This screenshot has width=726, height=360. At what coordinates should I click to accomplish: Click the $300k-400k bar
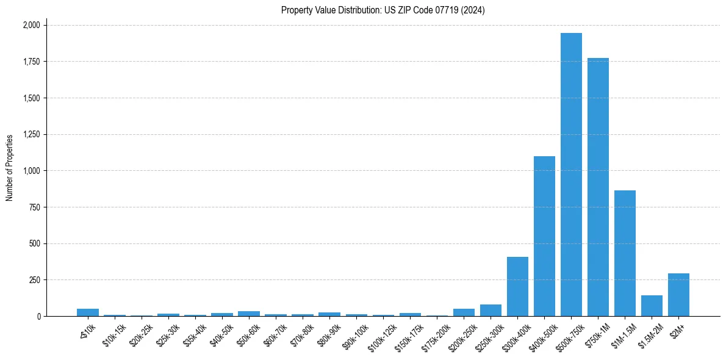(x=517, y=286)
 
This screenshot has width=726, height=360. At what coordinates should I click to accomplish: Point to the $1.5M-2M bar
(x=652, y=306)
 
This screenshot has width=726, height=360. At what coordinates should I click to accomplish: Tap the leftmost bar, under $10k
(x=88, y=312)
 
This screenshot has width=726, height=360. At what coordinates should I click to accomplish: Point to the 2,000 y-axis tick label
(x=31, y=25)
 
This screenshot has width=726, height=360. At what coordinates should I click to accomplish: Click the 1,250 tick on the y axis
(x=31, y=134)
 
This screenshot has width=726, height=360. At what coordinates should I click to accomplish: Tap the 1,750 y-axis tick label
(x=31, y=62)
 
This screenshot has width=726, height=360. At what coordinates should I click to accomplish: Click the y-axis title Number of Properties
(x=10, y=168)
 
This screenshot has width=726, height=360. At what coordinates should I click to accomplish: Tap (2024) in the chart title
(x=473, y=10)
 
